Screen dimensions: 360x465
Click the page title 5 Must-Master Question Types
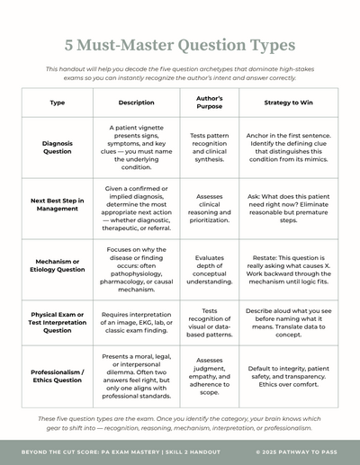coord(180,45)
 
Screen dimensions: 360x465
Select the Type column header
coord(57,103)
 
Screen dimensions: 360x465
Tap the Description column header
coord(136,103)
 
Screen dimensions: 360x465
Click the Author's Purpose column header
coord(209,103)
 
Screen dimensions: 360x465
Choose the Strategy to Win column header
coord(288,103)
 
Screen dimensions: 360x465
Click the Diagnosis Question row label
coord(57,148)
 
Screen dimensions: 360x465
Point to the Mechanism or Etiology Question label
coord(57,264)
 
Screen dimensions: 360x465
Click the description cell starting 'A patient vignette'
coord(136,148)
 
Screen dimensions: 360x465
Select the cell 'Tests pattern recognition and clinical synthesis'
coord(209,148)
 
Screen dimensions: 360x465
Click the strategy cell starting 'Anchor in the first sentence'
coord(288,148)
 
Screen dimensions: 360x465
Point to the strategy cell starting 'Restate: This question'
coord(288,264)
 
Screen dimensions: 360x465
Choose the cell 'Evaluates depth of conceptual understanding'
coord(209,264)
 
